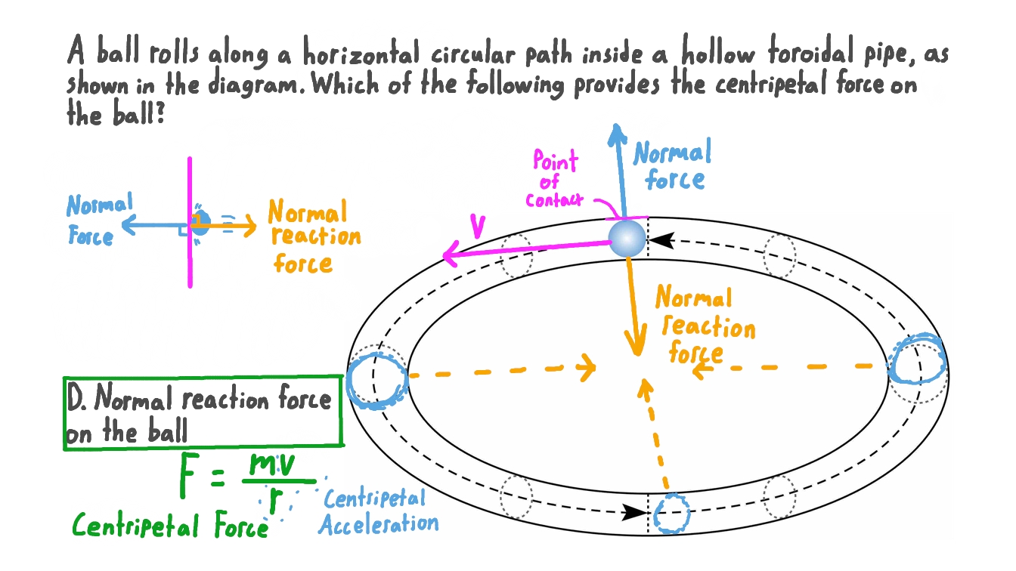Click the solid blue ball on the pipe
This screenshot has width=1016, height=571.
point(627,238)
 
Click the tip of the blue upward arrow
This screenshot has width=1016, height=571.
point(618,128)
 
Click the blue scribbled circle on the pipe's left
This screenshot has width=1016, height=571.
point(377,380)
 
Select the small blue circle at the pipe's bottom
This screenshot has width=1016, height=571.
point(671,514)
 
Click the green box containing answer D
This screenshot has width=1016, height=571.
point(203,412)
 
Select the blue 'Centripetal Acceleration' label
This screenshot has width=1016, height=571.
point(378,511)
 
